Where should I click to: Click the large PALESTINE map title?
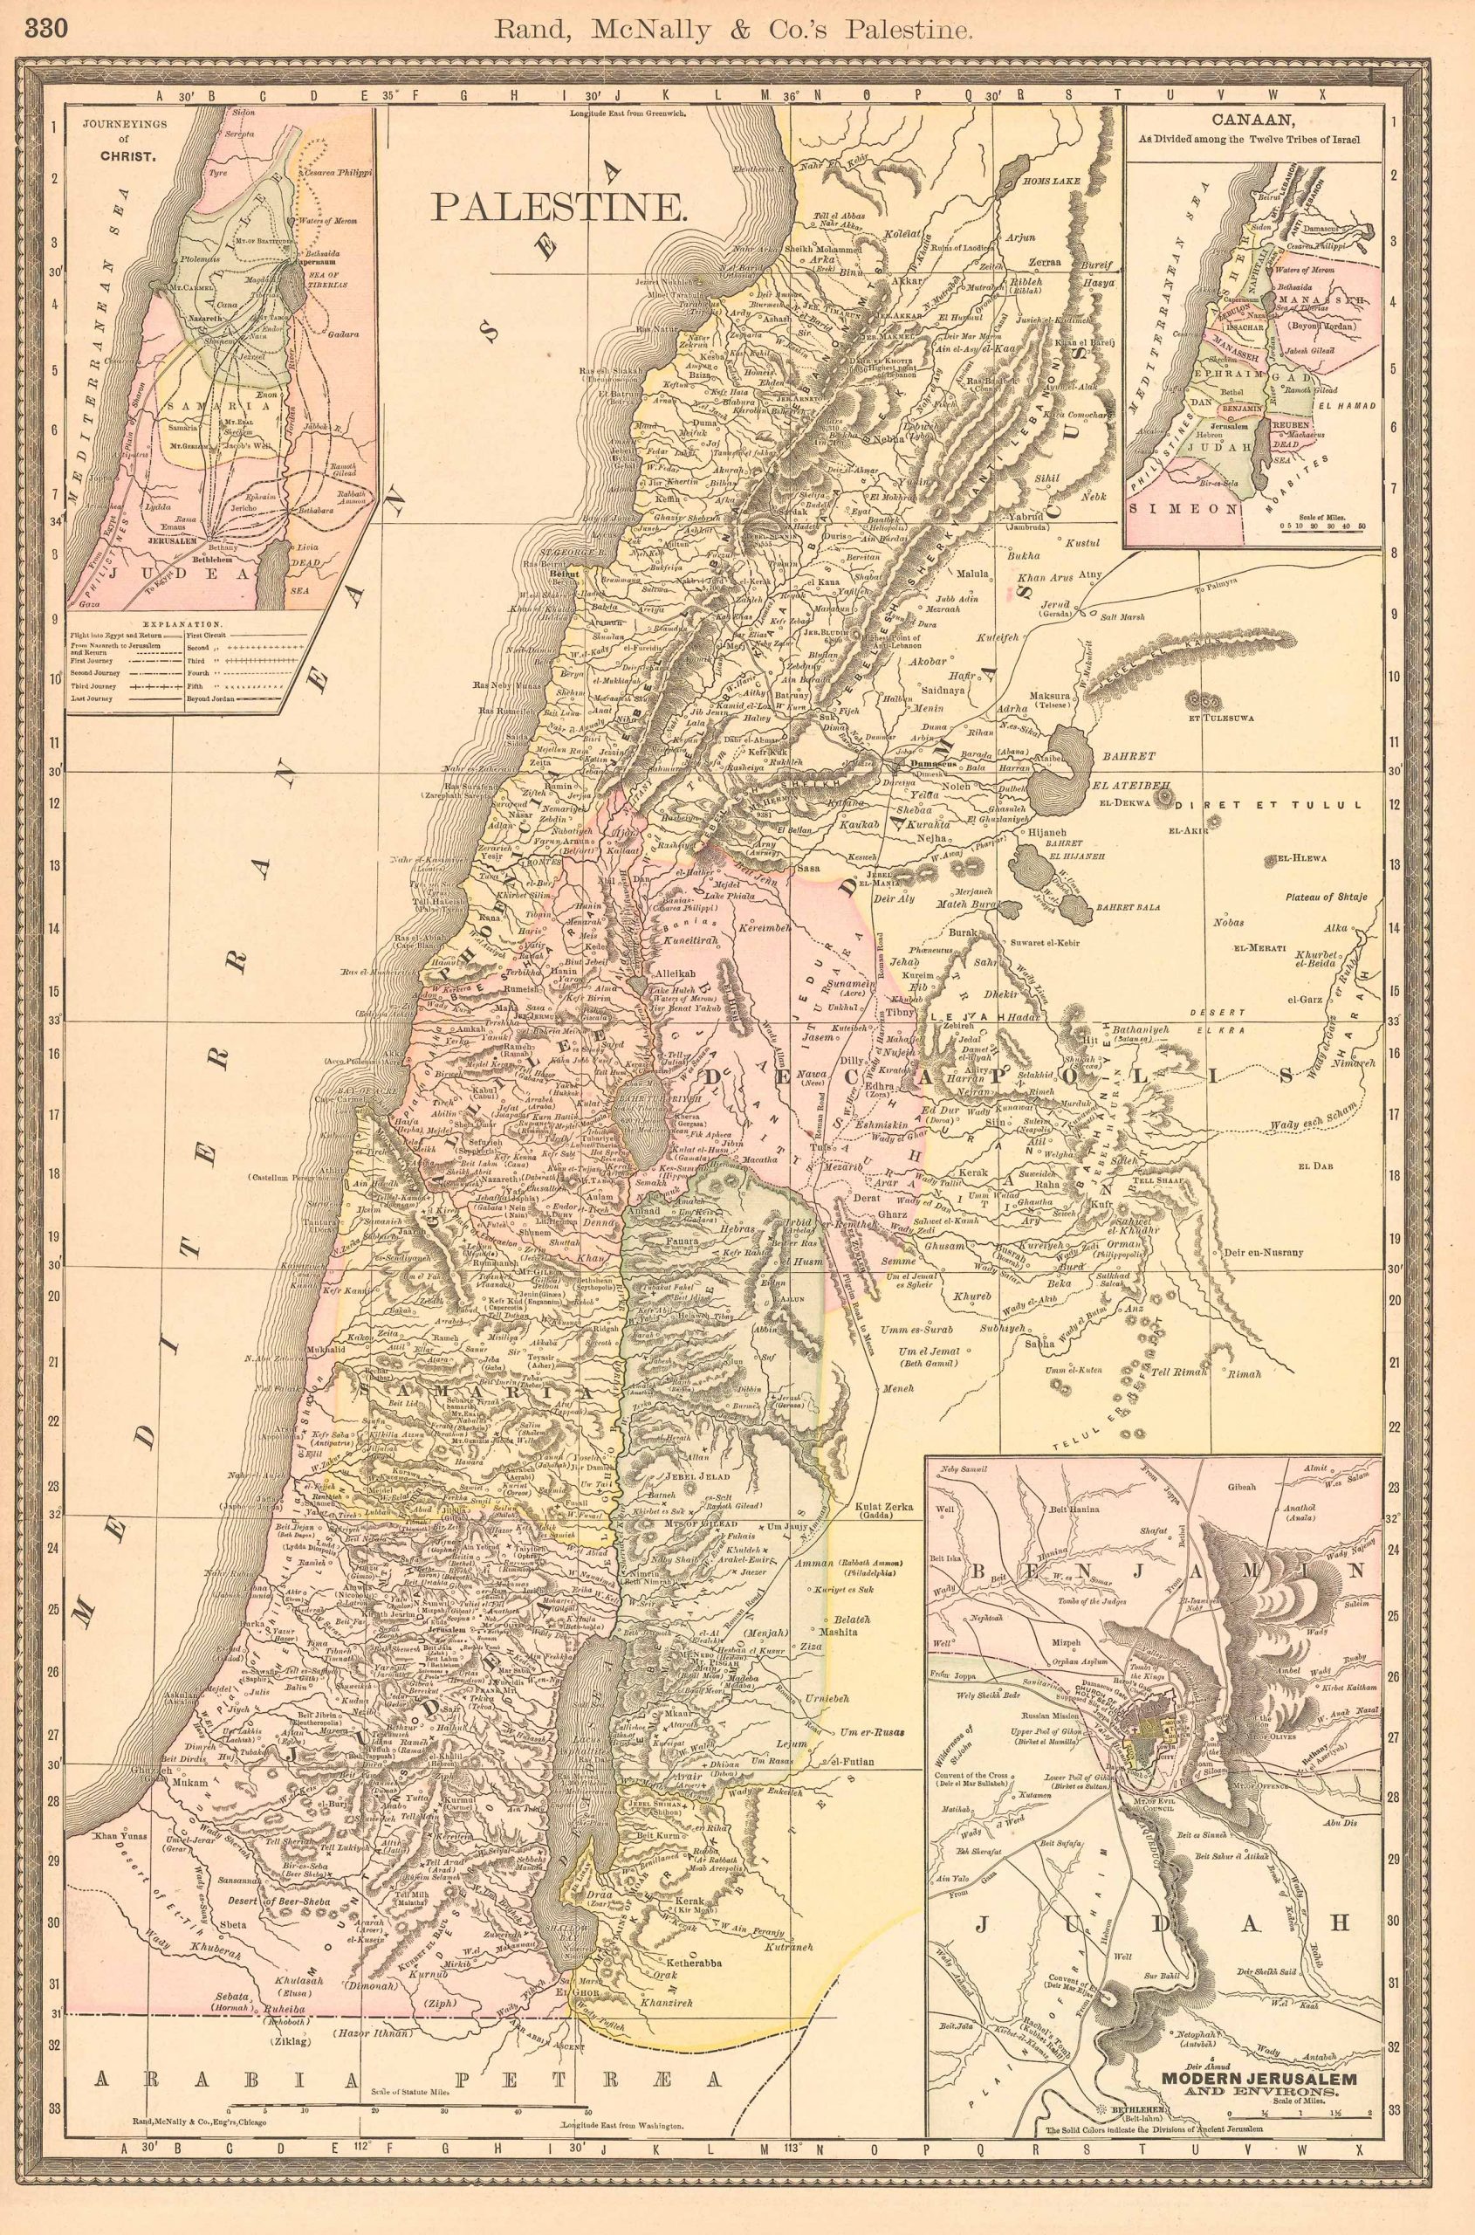(557, 207)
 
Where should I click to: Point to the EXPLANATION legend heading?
(183, 624)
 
